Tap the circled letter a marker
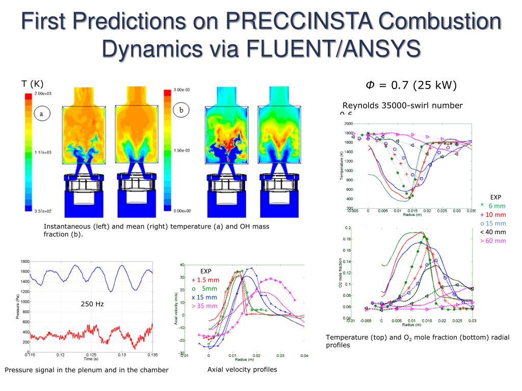tap(41, 114)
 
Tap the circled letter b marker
tap(180, 109)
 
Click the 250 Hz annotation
tap(92, 304)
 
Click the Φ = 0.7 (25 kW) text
tap(411, 85)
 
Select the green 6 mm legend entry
tap(493, 206)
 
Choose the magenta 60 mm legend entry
tap(493, 240)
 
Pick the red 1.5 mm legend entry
tap(205, 280)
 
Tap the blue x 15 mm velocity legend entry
tap(204, 297)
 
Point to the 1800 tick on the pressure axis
tap(24, 261)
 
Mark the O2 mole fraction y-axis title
tap(341, 272)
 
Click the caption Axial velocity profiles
tap(242, 370)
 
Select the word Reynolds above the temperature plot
tap(360, 105)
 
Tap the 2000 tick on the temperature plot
tap(348, 124)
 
